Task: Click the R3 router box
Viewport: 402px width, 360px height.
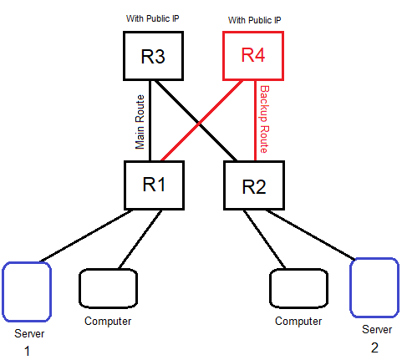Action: [151, 56]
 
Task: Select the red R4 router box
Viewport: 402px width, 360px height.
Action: [252, 55]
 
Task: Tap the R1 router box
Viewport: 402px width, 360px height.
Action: [152, 185]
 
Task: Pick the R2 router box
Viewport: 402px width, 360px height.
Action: [253, 185]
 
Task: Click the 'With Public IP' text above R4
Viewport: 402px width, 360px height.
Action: [252, 18]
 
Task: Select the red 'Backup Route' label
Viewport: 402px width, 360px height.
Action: [265, 119]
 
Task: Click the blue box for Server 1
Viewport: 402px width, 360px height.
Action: [26, 292]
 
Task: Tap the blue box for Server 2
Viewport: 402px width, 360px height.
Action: [374, 286]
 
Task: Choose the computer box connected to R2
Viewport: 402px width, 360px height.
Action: [298, 289]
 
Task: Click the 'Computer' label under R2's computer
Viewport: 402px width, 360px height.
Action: [298, 321]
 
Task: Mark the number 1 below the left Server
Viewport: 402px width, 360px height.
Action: [26, 352]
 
